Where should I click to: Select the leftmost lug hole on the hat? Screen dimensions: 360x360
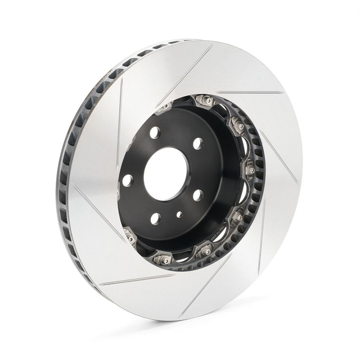coord(128,180)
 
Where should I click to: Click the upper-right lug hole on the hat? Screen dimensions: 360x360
coord(198,143)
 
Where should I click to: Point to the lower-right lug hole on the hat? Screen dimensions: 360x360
coord(198,195)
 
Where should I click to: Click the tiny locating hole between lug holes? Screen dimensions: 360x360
coord(178,214)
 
